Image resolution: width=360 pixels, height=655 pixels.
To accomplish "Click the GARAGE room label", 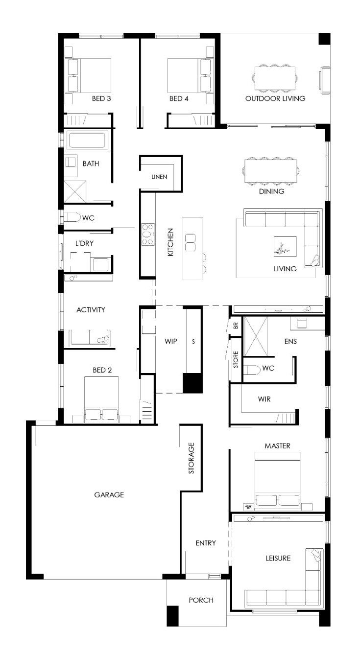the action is [x=109, y=494].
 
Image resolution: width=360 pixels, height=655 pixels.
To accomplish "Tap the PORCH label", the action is [x=201, y=600].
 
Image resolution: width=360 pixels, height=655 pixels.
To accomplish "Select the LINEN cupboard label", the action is [x=159, y=177].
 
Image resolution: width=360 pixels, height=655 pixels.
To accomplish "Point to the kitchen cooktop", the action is [x=148, y=234].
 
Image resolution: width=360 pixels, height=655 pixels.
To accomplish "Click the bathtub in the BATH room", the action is [x=87, y=140].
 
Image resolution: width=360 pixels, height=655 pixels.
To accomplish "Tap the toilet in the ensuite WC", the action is [x=252, y=370].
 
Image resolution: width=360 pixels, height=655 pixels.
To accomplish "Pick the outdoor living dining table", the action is [x=275, y=78].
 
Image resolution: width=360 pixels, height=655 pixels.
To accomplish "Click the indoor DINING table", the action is [x=271, y=171].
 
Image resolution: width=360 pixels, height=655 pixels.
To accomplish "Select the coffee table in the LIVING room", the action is [x=285, y=247].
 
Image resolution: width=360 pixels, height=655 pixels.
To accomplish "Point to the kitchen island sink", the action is [x=190, y=242].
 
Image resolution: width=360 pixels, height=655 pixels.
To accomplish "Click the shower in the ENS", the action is [x=256, y=336].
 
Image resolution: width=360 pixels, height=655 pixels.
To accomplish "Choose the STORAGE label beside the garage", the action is [x=191, y=458].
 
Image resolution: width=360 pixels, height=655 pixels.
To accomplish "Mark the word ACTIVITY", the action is [x=91, y=310].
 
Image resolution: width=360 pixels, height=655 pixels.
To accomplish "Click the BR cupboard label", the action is [x=236, y=325].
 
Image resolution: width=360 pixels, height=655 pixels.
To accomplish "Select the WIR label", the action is [x=264, y=399].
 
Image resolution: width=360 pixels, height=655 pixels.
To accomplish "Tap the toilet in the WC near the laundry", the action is [x=72, y=217].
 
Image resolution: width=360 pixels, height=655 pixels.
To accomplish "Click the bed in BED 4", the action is [x=189, y=75].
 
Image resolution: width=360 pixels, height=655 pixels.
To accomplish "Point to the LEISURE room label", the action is [x=278, y=558].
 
